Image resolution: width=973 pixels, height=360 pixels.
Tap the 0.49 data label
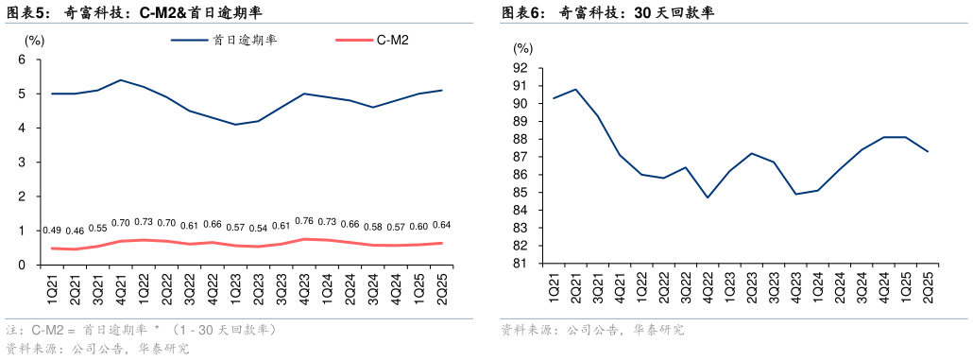52,231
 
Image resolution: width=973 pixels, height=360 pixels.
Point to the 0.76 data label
304,222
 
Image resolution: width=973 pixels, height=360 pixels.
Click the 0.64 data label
441,225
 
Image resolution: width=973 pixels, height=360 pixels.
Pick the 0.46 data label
75,231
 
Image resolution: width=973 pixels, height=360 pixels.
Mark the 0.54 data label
258,229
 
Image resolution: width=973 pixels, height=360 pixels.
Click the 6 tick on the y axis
22,60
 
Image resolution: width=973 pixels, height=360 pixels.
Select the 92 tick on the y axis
521,68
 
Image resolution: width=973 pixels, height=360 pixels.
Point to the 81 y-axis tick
521,264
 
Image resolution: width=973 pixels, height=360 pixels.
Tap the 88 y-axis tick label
521,139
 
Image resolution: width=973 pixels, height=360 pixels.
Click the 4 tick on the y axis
22,129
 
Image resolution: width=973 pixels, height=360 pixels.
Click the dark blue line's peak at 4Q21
120,80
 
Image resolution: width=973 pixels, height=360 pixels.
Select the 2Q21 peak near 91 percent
575,90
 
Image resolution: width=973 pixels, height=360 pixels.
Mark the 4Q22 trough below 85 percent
707,197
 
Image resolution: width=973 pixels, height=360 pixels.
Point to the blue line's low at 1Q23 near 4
235,125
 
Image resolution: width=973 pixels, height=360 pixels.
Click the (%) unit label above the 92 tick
522,47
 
